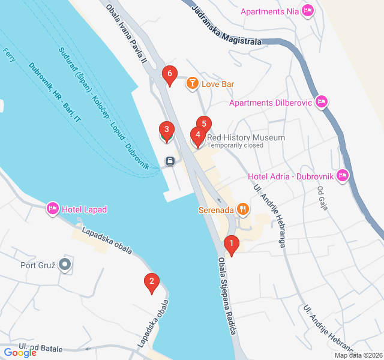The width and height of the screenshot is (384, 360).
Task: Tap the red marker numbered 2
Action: tap(152, 281)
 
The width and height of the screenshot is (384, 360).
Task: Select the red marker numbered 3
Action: tap(166, 130)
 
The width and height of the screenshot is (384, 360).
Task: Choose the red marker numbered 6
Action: tap(170, 75)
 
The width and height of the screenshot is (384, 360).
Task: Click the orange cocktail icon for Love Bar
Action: tap(192, 83)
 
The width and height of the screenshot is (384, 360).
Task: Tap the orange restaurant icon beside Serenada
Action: tap(243, 209)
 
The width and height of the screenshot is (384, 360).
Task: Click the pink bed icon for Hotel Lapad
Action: tap(53, 209)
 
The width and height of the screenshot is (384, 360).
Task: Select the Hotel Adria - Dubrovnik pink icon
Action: tap(343, 175)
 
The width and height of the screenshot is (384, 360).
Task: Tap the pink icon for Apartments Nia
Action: tap(308, 10)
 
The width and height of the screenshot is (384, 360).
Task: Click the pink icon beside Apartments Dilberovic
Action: tap(322, 102)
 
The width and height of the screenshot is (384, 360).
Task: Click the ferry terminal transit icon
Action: tap(170, 161)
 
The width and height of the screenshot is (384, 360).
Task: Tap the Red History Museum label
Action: tap(245, 137)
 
